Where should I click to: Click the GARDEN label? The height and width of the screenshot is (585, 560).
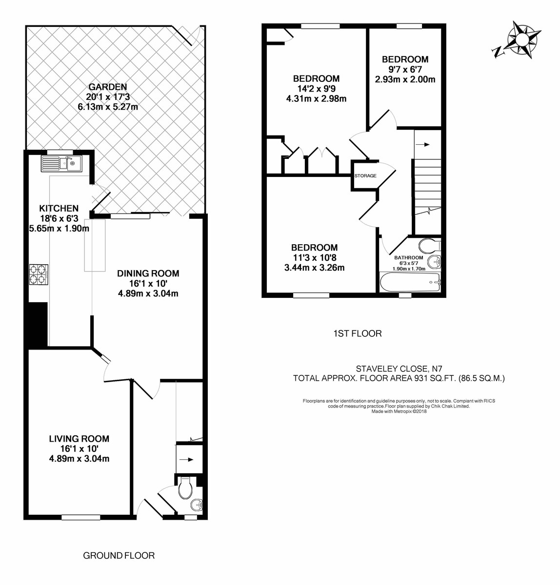108,87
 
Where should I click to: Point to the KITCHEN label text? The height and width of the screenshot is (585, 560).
59,208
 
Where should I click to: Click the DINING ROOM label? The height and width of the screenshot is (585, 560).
148,273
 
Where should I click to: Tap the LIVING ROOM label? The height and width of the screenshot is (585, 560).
79,439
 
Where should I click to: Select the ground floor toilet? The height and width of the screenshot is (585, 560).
185,488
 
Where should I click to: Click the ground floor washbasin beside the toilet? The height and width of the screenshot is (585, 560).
196,506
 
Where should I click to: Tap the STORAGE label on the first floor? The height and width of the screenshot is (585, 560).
365,175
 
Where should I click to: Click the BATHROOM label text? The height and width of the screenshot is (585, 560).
408,257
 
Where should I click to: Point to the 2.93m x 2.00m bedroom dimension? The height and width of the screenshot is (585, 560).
405,79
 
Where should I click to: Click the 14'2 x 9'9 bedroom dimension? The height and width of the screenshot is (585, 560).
316,89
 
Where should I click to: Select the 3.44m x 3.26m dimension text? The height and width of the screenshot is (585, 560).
314,267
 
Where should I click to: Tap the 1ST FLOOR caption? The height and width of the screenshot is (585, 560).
357,333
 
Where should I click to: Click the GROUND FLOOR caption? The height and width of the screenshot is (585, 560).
119,555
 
